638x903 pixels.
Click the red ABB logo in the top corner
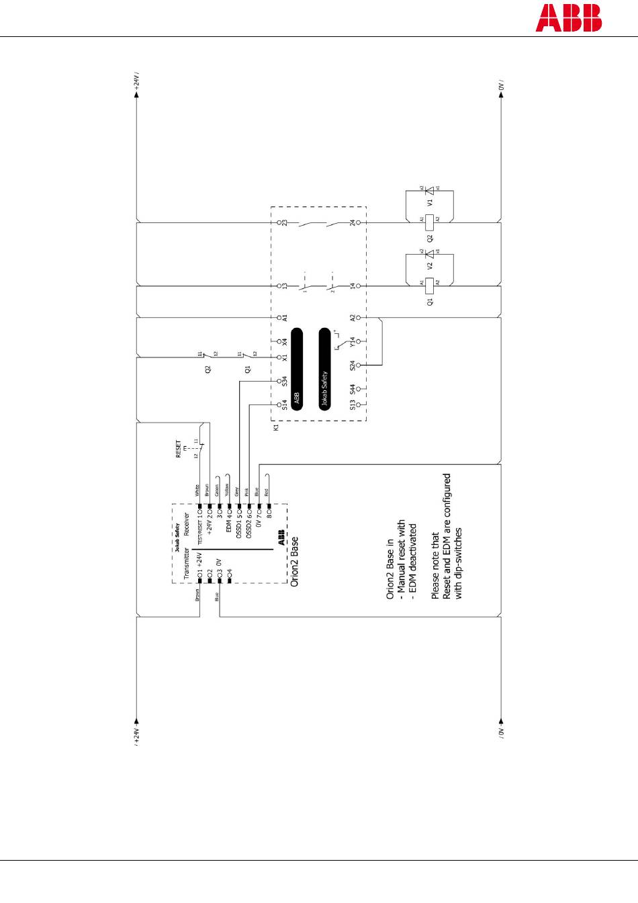point(568,18)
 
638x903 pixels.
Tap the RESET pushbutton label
point(179,449)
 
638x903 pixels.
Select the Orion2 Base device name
point(295,562)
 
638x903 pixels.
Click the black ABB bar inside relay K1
point(296,368)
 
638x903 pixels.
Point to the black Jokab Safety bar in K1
point(325,368)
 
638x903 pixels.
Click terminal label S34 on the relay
point(285,381)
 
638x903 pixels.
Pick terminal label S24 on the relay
point(353,365)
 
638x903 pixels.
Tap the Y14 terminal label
point(353,342)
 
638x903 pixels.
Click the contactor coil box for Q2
point(430,219)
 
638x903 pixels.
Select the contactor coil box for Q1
point(430,284)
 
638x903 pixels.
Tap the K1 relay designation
point(276,427)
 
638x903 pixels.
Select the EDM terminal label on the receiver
point(229,525)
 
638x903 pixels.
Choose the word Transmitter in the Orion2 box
point(187,563)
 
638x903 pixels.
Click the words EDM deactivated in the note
point(413,560)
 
